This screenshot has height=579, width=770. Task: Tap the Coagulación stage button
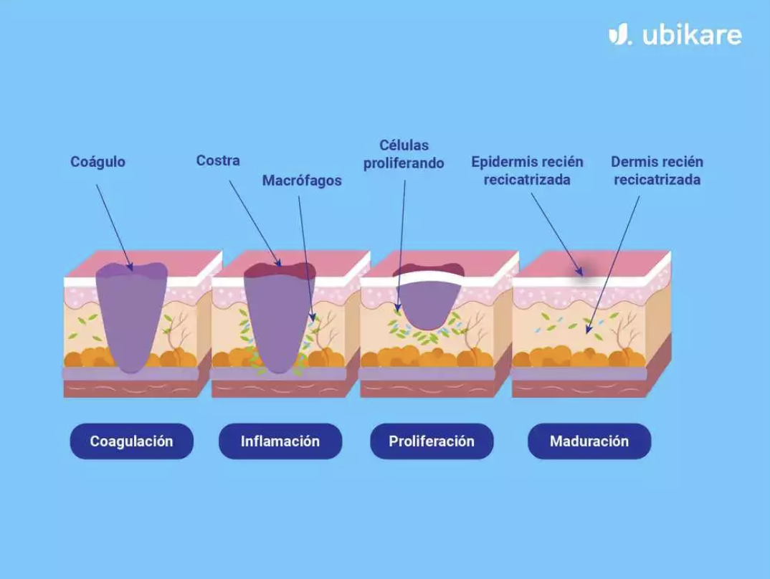pyautogui.click(x=132, y=441)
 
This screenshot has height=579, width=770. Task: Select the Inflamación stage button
pyautogui.click(x=280, y=441)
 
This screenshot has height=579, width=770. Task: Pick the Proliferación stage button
pyautogui.click(x=432, y=441)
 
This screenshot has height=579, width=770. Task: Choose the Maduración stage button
pyautogui.click(x=589, y=441)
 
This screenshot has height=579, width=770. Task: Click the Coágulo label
pyautogui.click(x=98, y=162)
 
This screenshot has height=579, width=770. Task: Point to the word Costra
pyautogui.click(x=218, y=161)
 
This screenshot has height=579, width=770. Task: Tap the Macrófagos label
pyautogui.click(x=302, y=181)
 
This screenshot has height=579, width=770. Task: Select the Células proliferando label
pyautogui.click(x=404, y=154)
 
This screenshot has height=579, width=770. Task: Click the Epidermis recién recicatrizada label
pyautogui.click(x=527, y=171)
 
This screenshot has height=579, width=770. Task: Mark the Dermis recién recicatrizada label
pyautogui.click(x=657, y=171)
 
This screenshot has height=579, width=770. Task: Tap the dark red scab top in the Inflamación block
pyautogui.click(x=280, y=270)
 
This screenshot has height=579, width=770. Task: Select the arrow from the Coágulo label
pyautogui.click(x=115, y=228)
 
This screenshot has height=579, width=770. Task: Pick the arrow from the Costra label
pyautogui.click(x=255, y=224)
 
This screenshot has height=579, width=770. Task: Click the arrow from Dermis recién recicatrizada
pyautogui.click(x=613, y=265)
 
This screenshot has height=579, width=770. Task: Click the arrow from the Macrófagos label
pyautogui.click(x=306, y=259)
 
